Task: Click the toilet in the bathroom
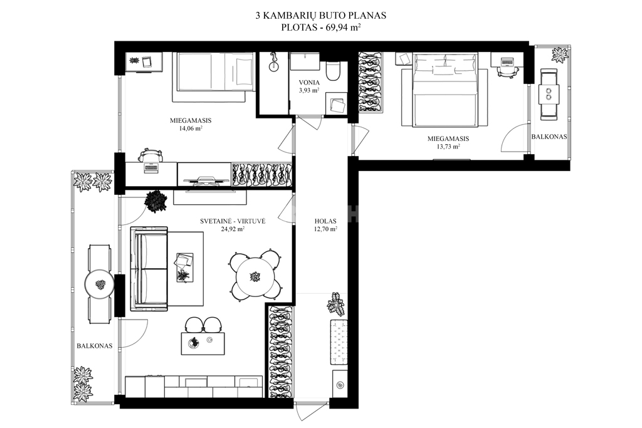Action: coord(332,71)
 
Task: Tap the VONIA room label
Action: coord(309,83)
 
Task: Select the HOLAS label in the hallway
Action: coord(325,221)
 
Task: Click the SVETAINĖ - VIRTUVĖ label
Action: coord(233,221)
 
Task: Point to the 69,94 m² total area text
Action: coord(343,28)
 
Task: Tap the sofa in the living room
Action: coord(149,268)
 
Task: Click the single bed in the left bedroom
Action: coord(216,71)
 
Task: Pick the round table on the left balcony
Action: coord(100,284)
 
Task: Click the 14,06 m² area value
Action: coord(191,128)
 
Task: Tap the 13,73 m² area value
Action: coord(448,146)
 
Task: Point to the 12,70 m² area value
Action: coord(325,229)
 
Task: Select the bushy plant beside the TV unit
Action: coord(155,201)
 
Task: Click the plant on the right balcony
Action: coord(559,55)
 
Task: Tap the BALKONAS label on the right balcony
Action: coord(549,137)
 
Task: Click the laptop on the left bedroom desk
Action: coord(151,167)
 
